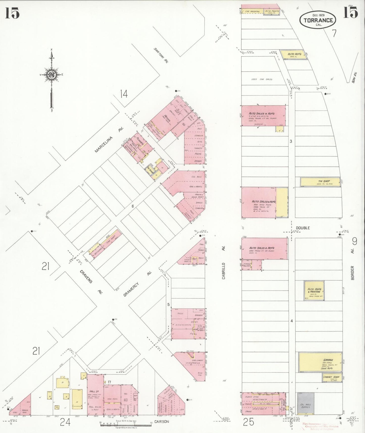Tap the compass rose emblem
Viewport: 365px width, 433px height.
(x=51, y=75)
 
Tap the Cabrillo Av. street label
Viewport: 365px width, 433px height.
(x=223, y=271)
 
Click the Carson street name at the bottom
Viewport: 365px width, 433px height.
(x=161, y=422)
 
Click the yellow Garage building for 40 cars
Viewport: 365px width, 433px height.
(x=320, y=362)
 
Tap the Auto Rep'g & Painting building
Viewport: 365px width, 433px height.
(x=314, y=291)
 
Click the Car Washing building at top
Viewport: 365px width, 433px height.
(x=252, y=11)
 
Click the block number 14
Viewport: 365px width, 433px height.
(x=124, y=94)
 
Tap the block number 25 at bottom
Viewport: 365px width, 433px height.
(x=248, y=422)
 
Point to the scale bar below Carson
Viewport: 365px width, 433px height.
(x=126, y=425)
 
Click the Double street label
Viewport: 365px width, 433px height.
(x=303, y=228)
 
